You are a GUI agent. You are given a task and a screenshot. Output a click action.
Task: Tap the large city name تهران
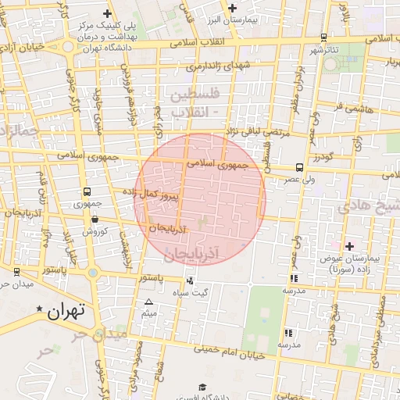65,312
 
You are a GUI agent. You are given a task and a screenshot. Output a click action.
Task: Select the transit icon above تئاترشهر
324,37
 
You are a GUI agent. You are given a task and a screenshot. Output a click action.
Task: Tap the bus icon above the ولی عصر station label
300,167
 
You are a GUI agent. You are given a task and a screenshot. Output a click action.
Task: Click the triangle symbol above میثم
148,302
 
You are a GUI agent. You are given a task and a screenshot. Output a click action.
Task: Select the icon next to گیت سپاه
190,280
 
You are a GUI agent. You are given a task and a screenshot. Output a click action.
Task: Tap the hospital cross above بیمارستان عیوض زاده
349,246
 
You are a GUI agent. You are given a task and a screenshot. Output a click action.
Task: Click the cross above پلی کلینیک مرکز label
108,14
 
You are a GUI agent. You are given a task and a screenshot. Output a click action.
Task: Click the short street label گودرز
323,157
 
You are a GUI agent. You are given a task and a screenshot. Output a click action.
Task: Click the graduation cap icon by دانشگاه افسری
202,387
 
